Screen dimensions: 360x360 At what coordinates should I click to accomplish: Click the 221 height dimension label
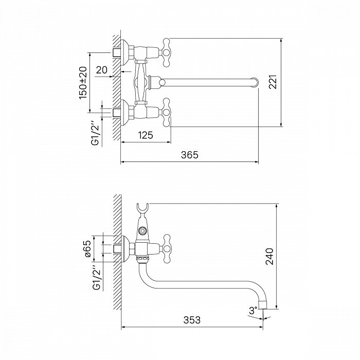coord(273,82)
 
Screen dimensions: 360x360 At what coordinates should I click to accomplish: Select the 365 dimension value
coord(189,155)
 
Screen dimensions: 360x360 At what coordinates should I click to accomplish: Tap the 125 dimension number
coord(146,135)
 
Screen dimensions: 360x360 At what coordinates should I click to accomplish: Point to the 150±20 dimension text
coord(83,83)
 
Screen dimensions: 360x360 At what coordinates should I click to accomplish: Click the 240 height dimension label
coord(270,257)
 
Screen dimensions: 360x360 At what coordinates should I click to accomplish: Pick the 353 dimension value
coord(192,320)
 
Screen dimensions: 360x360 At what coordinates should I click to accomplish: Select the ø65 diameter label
coord(88,248)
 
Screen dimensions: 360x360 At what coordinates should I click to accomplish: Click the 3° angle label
coord(253,311)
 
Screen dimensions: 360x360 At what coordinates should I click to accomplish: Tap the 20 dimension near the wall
coord(102,70)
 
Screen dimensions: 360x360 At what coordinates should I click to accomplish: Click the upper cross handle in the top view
coord(166,52)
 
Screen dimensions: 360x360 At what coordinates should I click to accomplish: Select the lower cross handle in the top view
coord(166,112)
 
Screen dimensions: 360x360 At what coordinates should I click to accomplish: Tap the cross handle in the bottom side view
coord(167,248)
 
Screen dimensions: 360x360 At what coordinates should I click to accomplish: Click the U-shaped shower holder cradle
coord(142,209)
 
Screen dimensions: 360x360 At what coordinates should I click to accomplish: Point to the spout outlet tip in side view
coord(263,305)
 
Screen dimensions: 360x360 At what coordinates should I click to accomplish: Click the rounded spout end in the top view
coord(255,82)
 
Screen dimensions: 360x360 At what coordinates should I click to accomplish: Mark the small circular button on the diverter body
coord(142,230)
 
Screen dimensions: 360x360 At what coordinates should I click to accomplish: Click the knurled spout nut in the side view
coord(142,260)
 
